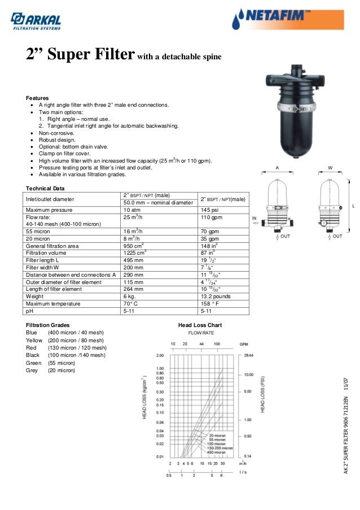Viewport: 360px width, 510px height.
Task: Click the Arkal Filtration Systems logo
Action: click(36, 20)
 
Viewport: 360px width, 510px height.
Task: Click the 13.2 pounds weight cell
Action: click(216, 296)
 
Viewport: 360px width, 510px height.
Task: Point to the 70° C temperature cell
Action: click(132, 303)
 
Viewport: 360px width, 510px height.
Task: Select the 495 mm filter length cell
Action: click(133, 260)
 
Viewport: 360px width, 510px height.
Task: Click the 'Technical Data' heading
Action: click(46, 188)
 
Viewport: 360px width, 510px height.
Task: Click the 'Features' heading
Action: click(38, 98)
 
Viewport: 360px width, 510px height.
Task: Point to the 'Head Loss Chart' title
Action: click(200, 325)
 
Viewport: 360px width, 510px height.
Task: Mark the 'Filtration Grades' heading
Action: click(49, 325)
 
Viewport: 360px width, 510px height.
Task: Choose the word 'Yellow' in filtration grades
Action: click(34, 341)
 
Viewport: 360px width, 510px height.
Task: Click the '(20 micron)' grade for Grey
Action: click(62, 370)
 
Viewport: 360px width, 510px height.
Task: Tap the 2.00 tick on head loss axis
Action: click(160, 356)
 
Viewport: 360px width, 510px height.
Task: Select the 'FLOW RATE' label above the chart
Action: click(200, 333)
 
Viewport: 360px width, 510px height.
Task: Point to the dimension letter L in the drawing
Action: click(353, 206)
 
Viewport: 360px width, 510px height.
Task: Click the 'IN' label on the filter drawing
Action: click(254, 219)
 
